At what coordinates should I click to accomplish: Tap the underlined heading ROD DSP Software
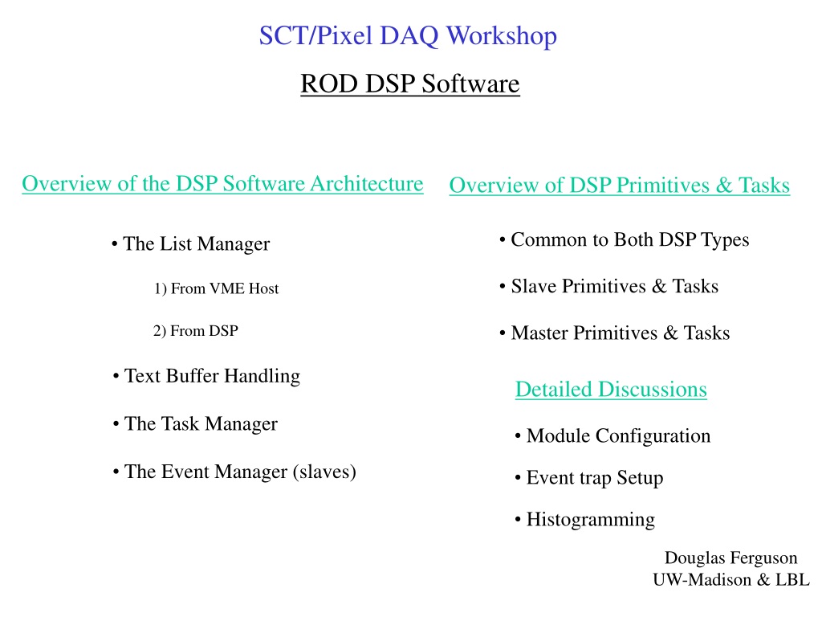click(410, 84)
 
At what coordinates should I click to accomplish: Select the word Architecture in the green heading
click(366, 184)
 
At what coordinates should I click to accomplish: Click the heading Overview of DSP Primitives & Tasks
click(620, 186)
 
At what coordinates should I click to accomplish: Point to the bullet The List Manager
click(191, 244)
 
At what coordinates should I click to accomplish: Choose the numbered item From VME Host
click(216, 288)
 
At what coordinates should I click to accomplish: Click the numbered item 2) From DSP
click(196, 331)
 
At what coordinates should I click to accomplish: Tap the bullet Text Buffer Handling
click(206, 376)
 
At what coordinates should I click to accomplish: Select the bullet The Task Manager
click(195, 424)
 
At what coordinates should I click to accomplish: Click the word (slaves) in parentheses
click(324, 472)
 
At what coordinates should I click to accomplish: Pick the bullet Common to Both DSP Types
click(625, 239)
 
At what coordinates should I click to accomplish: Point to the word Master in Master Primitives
click(539, 333)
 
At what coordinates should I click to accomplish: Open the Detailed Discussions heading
click(611, 390)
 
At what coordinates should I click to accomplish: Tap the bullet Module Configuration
click(612, 436)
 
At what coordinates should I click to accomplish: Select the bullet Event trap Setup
click(589, 478)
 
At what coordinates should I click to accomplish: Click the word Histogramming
click(591, 520)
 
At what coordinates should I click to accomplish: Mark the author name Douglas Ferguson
click(730, 558)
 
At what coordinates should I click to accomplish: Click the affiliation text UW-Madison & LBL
click(730, 580)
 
